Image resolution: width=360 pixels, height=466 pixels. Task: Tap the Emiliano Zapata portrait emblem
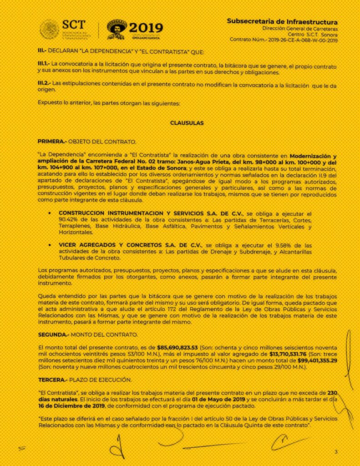117,30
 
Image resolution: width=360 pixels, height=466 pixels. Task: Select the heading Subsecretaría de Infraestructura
282,22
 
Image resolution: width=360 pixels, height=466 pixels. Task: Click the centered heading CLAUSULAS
187,123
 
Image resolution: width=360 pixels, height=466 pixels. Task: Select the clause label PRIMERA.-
51,142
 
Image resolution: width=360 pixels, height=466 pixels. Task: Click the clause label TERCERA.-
52,380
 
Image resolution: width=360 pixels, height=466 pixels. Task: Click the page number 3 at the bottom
336,451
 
